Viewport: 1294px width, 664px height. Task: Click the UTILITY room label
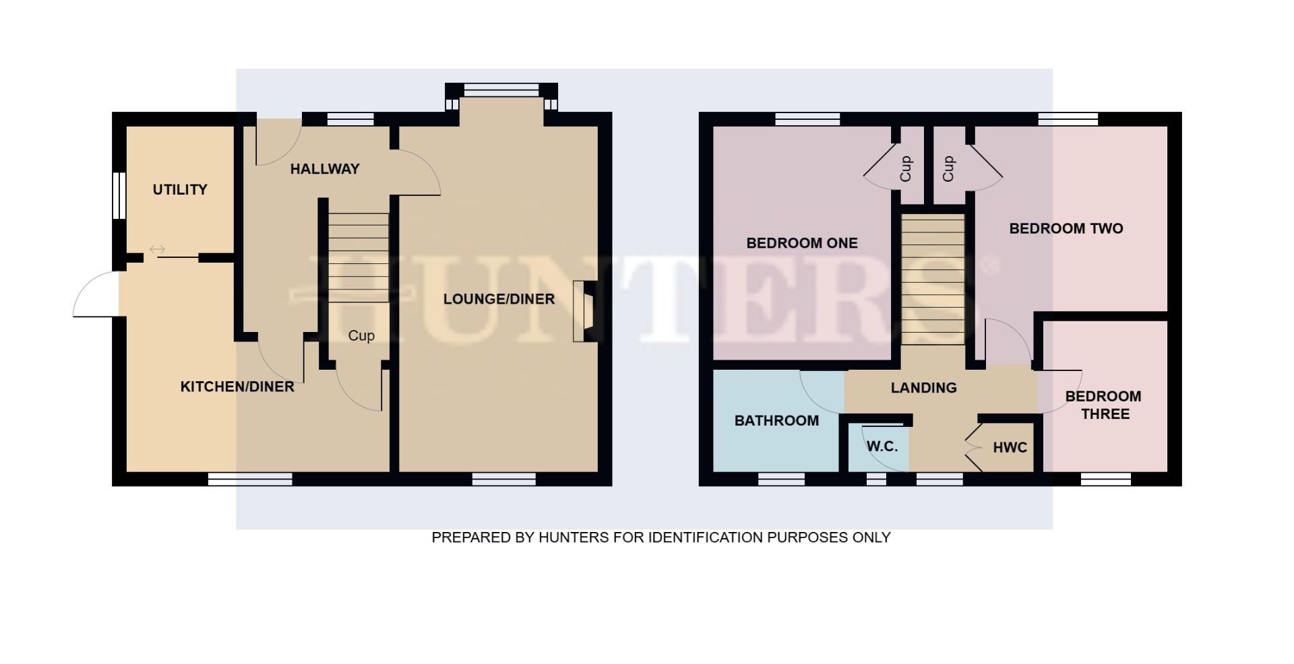tap(180, 190)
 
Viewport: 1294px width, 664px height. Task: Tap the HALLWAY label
tap(325, 169)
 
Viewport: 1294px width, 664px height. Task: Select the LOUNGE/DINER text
tap(499, 299)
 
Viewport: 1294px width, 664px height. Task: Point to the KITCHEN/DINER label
tap(237, 387)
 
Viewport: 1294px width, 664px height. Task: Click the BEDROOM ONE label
tap(802, 243)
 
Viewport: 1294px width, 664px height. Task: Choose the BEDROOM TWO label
tap(1066, 229)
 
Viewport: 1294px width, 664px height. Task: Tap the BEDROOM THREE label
tap(1104, 405)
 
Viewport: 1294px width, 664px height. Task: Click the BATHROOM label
tap(776, 421)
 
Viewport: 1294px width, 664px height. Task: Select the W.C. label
tap(882, 446)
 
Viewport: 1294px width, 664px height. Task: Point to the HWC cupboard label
tap(1010, 448)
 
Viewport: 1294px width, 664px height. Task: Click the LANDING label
tap(923, 388)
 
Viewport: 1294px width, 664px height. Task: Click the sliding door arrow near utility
tap(157, 250)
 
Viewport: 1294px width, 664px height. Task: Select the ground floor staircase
tap(358, 256)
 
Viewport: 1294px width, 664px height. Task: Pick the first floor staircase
tap(933, 279)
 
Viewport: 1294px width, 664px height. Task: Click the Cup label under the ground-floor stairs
tap(361, 335)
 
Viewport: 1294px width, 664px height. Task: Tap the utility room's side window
tap(119, 195)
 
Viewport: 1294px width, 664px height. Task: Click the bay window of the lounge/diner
tap(501, 90)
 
